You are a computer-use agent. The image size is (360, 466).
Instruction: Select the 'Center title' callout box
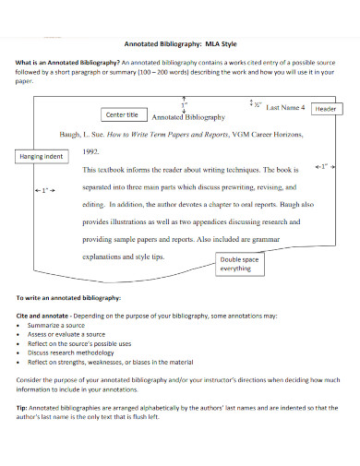tap(122, 114)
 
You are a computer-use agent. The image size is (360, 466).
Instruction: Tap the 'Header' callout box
tap(326, 109)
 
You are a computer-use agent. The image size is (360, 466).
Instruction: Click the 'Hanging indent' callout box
tap(42, 157)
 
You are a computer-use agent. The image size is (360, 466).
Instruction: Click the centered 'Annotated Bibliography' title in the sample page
tap(187, 118)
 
